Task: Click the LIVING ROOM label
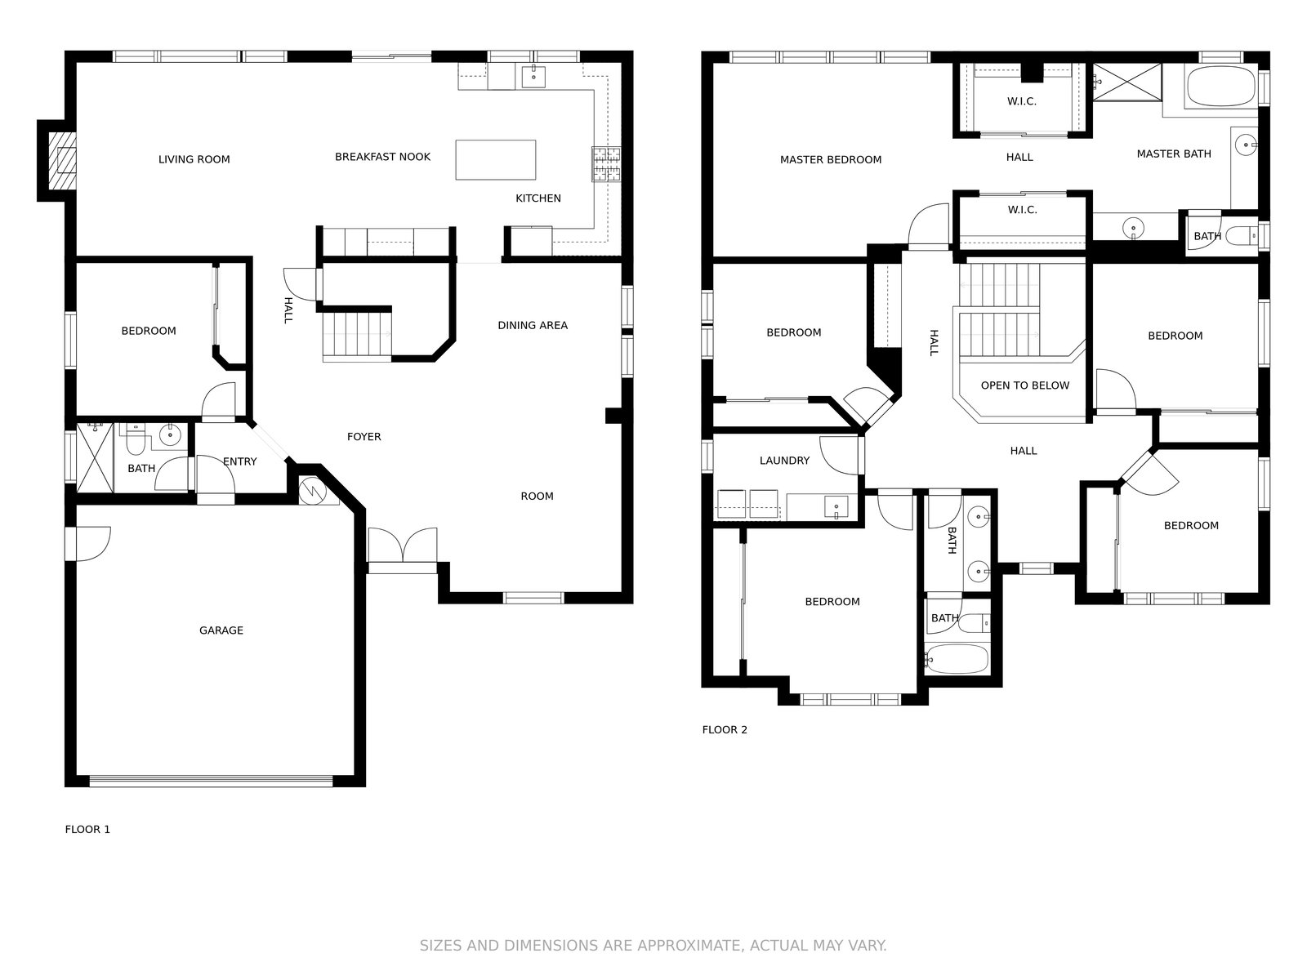point(194,159)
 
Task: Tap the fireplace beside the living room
point(62,161)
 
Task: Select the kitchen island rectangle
point(495,159)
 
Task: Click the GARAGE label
point(221,630)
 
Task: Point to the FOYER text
point(364,437)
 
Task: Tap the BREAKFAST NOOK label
point(382,157)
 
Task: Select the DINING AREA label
point(533,326)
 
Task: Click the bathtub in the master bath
point(1220,87)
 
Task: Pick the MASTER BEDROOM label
point(831,159)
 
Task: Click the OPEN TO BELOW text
point(1024,385)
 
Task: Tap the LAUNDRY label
point(784,461)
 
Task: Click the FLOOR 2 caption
point(724,729)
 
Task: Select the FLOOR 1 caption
point(87,830)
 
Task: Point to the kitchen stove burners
point(605,163)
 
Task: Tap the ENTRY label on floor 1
point(240,461)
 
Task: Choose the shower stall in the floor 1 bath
point(95,457)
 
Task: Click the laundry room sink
point(836,507)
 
